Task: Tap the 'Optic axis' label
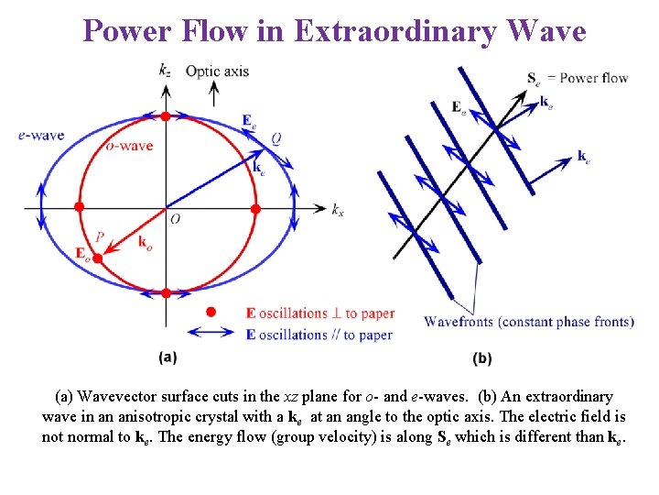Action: click(x=217, y=71)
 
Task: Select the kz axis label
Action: click(x=164, y=69)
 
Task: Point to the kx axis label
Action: click(x=338, y=209)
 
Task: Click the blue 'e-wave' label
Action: click(x=40, y=135)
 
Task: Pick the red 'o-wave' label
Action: click(x=129, y=146)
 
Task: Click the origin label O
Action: click(x=175, y=219)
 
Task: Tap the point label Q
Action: click(x=275, y=138)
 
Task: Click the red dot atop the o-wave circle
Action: click(x=165, y=116)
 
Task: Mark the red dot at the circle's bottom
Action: click(x=165, y=293)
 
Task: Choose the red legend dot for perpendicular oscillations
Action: click(x=210, y=313)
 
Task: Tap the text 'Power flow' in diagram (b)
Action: click(x=593, y=78)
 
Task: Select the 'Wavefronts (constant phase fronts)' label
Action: click(x=528, y=321)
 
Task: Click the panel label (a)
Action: click(x=167, y=357)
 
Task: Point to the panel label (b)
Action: click(x=482, y=357)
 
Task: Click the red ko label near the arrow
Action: click(x=145, y=243)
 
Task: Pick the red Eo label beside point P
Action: click(x=82, y=253)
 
